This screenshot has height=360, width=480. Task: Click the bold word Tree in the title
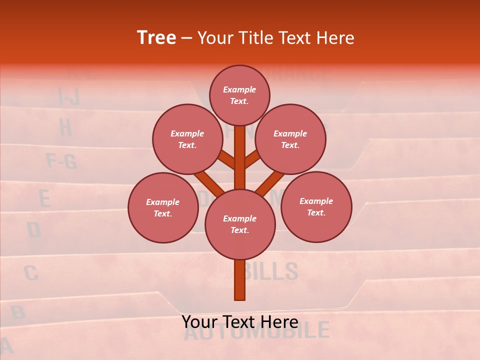[156, 38]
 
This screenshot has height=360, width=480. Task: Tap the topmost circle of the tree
[239, 95]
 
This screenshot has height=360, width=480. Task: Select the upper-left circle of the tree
[187, 139]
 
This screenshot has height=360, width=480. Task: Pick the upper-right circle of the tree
[290, 139]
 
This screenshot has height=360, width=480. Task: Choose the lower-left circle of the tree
[163, 207]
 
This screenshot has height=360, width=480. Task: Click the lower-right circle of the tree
[316, 206]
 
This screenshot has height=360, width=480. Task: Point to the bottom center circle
[240, 224]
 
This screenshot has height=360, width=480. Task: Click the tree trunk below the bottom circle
[240, 280]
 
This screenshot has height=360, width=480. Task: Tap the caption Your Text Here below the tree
[239, 321]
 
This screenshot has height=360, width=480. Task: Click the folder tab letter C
[31, 273]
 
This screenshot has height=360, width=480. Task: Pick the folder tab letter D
[34, 230]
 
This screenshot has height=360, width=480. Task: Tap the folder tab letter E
[44, 199]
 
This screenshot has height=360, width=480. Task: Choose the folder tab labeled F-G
[61, 161]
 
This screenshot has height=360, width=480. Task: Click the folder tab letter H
[65, 127]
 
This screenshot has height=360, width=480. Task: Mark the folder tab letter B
[18, 312]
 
